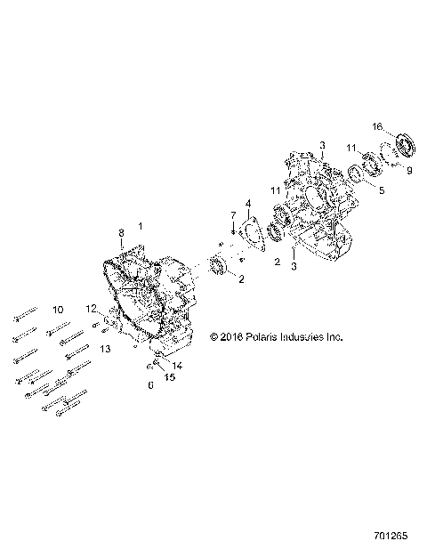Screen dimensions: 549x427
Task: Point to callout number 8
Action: point(122,233)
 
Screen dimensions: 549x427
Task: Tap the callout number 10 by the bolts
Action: point(58,310)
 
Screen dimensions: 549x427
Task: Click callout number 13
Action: point(104,350)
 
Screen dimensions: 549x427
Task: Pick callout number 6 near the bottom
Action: point(150,385)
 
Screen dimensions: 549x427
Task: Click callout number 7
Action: point(232,215)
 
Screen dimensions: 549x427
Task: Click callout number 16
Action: point(377,127)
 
